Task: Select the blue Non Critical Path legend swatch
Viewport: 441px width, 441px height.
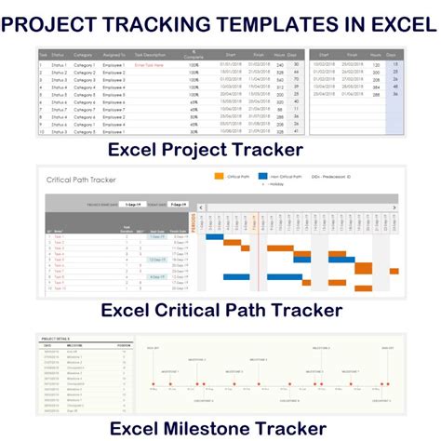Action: [288, 174]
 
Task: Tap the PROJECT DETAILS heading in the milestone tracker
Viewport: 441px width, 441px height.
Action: [56, 339]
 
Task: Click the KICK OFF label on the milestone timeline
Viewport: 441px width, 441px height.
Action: [154, 348]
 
